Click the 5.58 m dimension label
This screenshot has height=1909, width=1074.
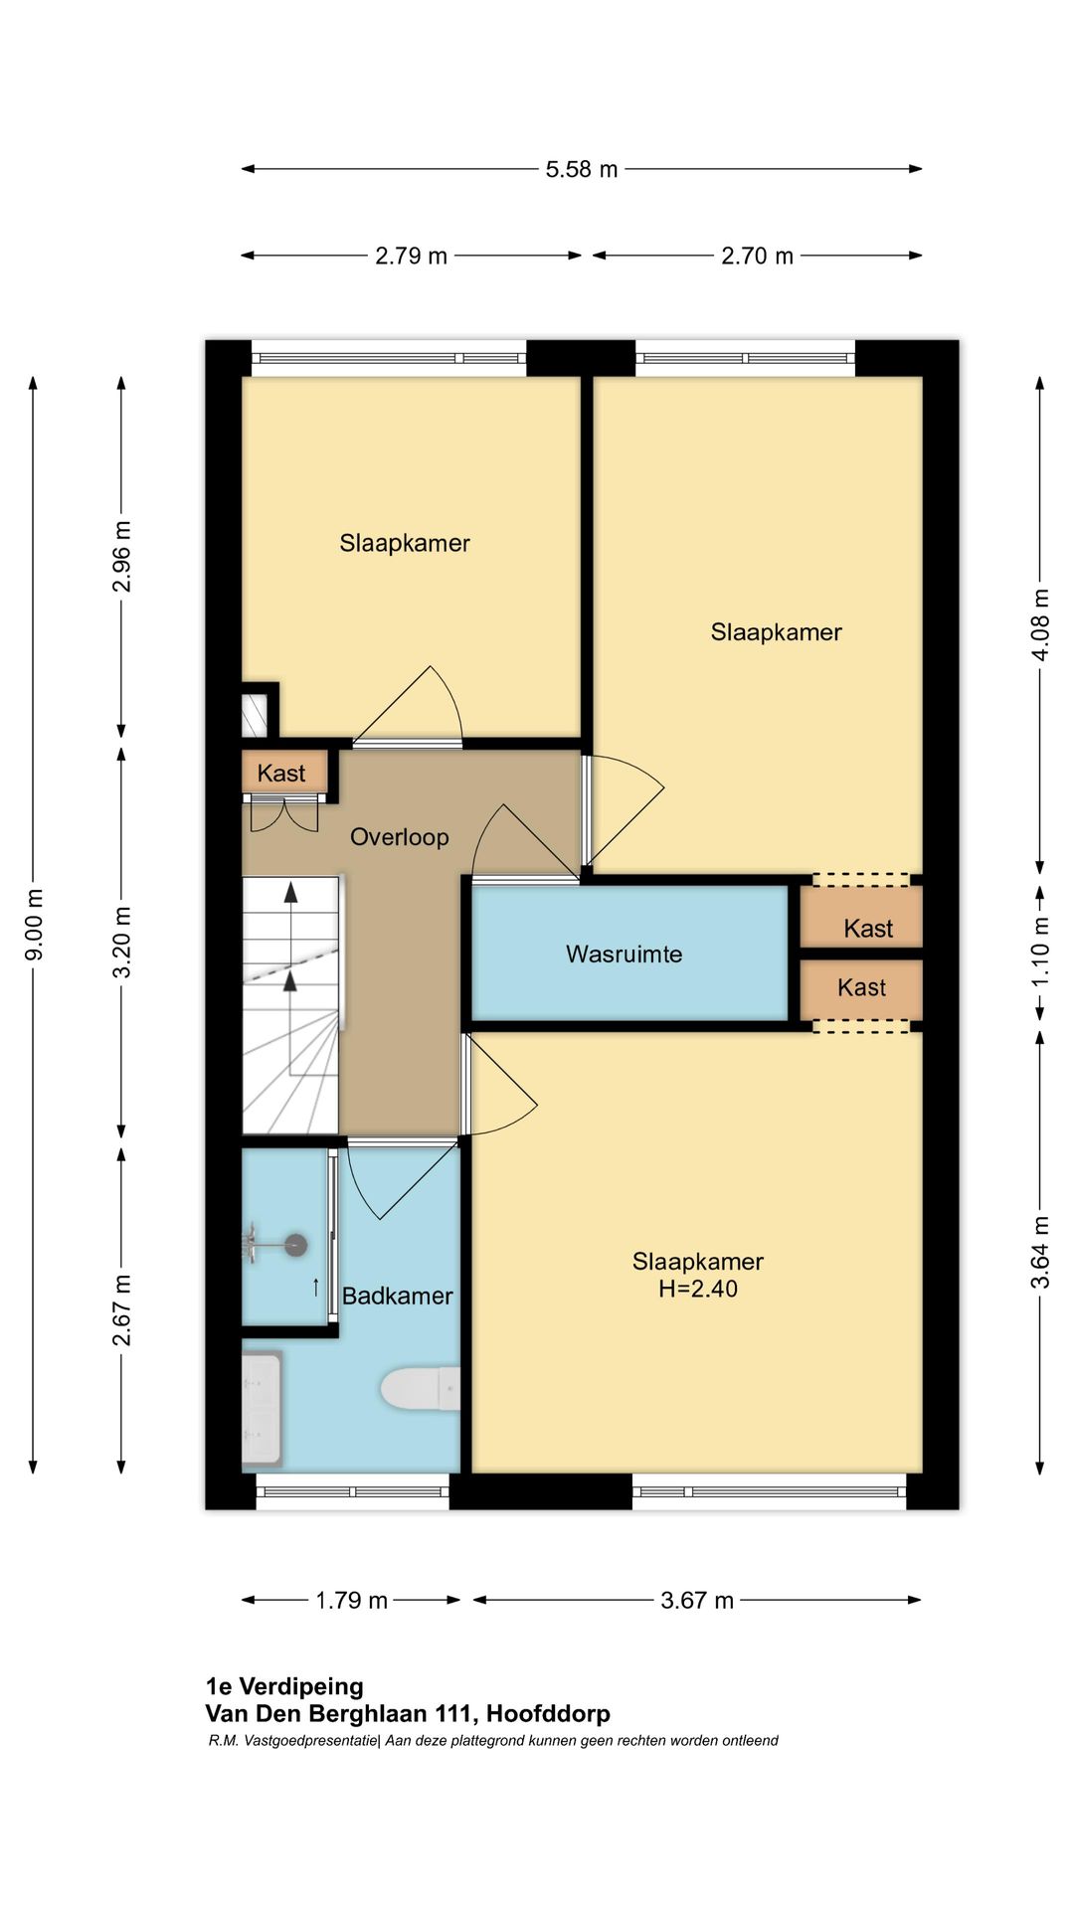point(582,169)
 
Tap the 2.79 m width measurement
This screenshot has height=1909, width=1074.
point(411,256)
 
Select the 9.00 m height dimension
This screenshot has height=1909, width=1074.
point(34,925)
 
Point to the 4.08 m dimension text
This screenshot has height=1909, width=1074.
point(1040,624)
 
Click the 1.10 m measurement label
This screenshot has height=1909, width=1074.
point(1040,952)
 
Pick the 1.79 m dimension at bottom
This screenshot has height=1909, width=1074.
point(351,1600)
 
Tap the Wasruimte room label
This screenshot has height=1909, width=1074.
point(625,954)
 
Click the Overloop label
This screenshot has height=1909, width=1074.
point(400,837)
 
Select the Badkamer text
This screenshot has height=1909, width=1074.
point(397,1296)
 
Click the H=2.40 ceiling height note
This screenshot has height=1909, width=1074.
point(698,1289)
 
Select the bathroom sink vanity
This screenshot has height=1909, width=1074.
point(263,1408)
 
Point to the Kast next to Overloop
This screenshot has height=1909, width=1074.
point(281,773)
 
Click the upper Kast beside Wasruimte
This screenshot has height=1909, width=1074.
point(868,929)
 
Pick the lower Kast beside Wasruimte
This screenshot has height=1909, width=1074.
point(861,987)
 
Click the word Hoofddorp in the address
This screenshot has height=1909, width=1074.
point(548,1713)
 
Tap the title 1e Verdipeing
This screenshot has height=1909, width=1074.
point(284,1686)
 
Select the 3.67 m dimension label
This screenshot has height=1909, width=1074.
point(697,1600)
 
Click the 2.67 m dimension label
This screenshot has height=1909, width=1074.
point(121,1310)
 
